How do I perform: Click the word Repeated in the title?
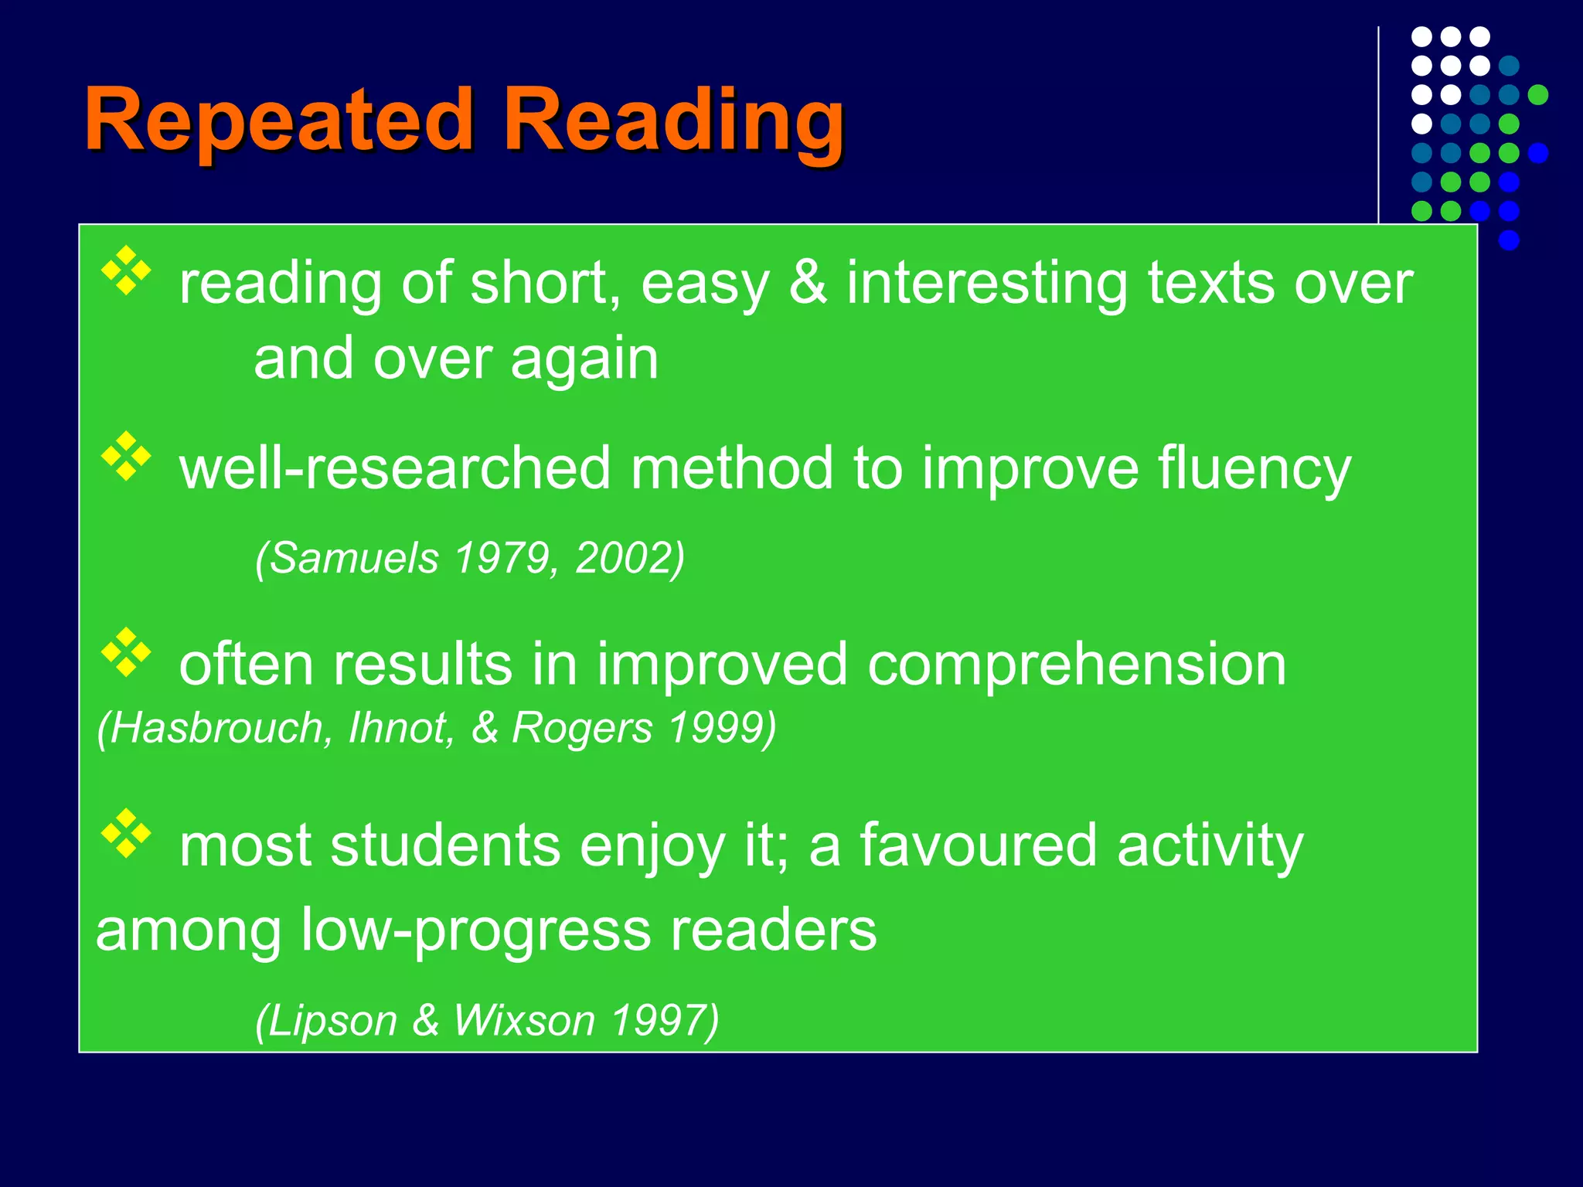pyautogui.click(x=278, y=120)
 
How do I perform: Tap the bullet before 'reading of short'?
pyautogui.click(x=126, y=270)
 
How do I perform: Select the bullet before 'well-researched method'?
pyautogui.click(x=126, y=456)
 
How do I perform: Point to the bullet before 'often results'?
pyautogui.click(x=126, y=652)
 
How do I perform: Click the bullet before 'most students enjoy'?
pyautogui.click(x=126, y=833)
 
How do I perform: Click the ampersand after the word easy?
pyautogui.click(x=808, y=283)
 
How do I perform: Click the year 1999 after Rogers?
pyautogui.click(x=722, y=728)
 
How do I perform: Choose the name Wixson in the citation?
pyautogui.click(x=524, y=1020)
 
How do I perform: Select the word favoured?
pyautogui.click(x=978, y=845)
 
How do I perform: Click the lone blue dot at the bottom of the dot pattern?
pyautogui.click(x=1509, y=240)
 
